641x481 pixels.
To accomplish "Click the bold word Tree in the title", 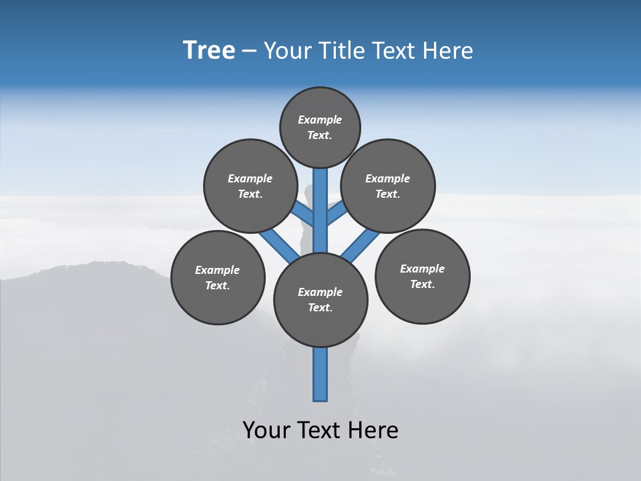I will coord(209,51).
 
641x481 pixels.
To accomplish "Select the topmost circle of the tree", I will coord(320,127).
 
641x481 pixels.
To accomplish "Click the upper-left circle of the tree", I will coord(250,186).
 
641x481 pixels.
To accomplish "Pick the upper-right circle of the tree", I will coord(388,186).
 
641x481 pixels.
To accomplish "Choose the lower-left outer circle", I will coord(218,277).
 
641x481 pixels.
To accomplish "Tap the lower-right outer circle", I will coord(422,276).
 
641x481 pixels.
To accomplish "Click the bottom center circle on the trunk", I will coord(320,299).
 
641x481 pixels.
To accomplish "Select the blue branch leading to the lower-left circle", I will coord(278,245).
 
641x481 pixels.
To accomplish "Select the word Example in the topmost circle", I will coord(320,120).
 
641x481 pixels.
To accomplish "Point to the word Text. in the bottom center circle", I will coord(320,307).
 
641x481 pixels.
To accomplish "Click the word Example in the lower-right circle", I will coord(422,269).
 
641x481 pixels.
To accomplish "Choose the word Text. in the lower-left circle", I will coord(218,285).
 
